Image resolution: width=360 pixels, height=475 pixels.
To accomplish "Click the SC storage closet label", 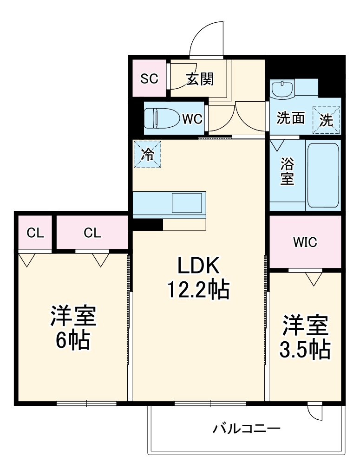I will pos(150,79).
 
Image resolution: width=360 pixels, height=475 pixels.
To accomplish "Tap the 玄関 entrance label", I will pos(200,79).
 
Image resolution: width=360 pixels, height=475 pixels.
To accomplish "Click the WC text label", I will pos(191,119).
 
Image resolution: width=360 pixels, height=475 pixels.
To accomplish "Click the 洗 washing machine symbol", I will pos(327,120).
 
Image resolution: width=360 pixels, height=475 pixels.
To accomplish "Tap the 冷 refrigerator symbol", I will pos(148,154).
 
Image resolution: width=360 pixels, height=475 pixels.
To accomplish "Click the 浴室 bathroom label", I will pos(287,171).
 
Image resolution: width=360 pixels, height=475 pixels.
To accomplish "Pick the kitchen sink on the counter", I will pos(187,203).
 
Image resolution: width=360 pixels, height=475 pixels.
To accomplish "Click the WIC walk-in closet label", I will pos(305,242).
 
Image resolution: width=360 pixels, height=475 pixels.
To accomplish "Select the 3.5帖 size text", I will pos(305,349).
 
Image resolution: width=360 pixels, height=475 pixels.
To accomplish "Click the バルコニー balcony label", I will pos(246,428).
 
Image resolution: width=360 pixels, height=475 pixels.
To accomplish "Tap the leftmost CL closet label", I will pos(35,233).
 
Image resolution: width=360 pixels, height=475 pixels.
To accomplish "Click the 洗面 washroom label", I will pos(291,118).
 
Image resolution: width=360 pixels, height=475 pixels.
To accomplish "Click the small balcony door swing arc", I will pos(314,411).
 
